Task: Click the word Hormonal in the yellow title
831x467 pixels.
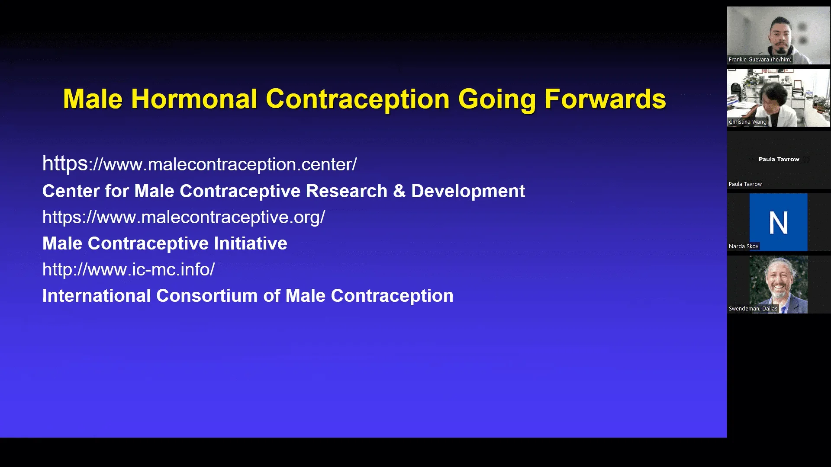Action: (x=194, y=99)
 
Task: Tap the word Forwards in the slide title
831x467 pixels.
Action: (x=605, y=99)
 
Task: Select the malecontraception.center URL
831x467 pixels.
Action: (x=200, y=164)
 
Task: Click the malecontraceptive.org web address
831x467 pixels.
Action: (x=184, y=217)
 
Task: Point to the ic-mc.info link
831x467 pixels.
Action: (x=129, y=269)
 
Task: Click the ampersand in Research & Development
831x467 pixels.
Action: (x=399, y=191)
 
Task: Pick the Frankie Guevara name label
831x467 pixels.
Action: (x=760, y=60)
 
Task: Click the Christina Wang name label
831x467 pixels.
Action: (x=747, y=122)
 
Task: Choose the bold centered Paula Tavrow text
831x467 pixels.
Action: (x=779, y=159)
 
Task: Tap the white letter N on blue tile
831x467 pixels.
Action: (x=778, y=223)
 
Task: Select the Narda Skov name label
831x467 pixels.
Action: (x=743, y=246)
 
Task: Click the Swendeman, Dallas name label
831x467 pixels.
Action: (x=753, y=309)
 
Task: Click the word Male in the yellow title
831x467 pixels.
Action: (x=93, y=99)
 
